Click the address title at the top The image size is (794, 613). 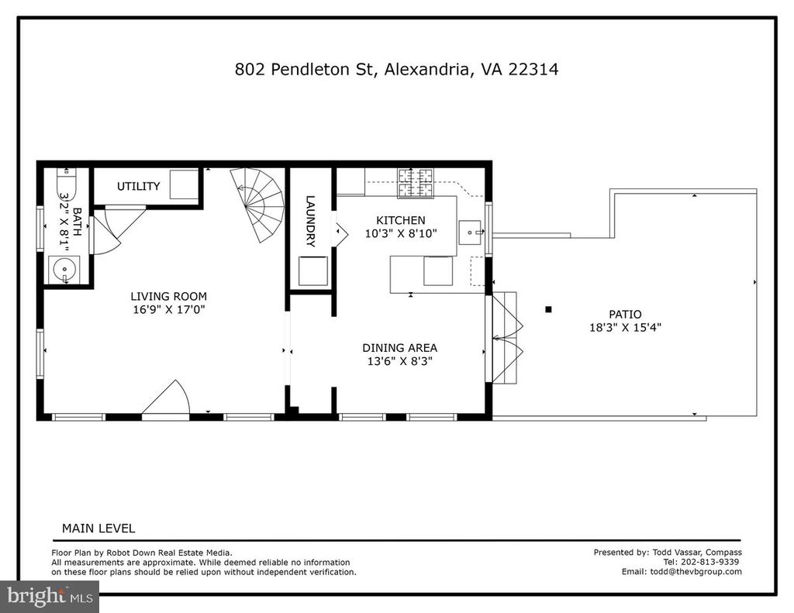click(x=396, y=69)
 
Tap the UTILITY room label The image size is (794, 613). click(x=138, y=186)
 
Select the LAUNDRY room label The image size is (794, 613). click(x=310, y=221)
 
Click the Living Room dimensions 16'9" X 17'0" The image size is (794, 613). click(x=168, y=309)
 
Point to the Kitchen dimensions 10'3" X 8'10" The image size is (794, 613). click(x=401, y=233)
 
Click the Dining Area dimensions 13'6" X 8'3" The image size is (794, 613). click(x=399, y=361)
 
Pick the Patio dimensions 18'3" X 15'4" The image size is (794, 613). click(x=626, y=328)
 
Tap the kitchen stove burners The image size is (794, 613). click(x=416, y=183)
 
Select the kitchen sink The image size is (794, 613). click(x=471, y=232)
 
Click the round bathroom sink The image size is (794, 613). click(x=64, y=269)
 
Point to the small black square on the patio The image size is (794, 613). click(x=548, y=309)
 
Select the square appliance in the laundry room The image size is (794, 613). click(x=313, y=271)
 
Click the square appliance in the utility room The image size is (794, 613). click(x=184, y=184)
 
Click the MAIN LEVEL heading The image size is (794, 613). click(x=98, y=529)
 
